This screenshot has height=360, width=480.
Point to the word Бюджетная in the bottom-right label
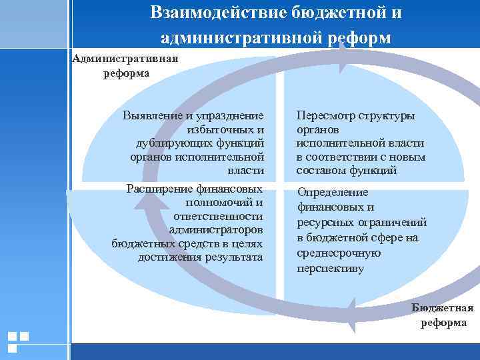(443, 307)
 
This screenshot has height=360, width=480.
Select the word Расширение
(159, 189)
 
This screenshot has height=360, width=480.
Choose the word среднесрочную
(339, 253)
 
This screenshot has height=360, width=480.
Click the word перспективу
(331, 269)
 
